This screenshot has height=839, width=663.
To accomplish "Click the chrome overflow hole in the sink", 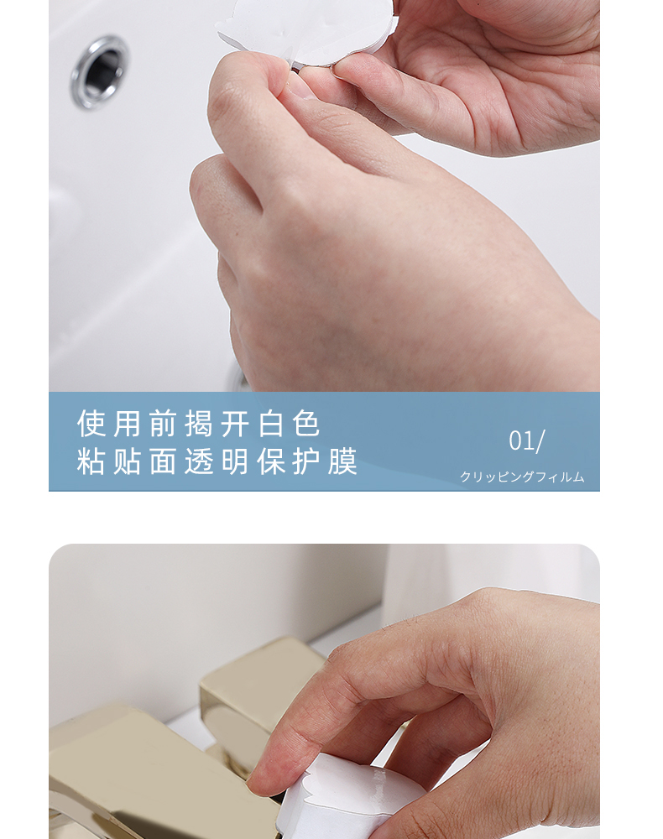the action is (100, 71).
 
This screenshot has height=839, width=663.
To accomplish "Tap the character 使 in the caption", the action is (91, 425).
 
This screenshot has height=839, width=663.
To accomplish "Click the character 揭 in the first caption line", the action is (199, 425).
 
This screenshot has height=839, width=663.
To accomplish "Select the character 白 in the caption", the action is (271, 425).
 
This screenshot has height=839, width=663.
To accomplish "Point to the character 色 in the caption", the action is (306, 425).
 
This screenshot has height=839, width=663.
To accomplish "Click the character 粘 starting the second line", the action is (91, 461).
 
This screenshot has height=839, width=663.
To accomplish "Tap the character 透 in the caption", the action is (199, 461).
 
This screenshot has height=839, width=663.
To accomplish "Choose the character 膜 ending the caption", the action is (342, 461).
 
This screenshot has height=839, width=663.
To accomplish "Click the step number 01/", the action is (527, 441).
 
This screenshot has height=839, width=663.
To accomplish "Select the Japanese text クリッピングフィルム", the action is (522, 477).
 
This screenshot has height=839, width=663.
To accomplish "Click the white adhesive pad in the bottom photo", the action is (342, 797).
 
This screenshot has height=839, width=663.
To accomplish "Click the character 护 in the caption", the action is (306, 461).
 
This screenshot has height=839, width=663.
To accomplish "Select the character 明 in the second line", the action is (235, 461).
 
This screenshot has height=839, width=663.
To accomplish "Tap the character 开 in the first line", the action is (235, 425).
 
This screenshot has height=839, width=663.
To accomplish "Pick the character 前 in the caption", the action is (163, 425).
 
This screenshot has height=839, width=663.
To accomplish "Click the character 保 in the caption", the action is (271, 461).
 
